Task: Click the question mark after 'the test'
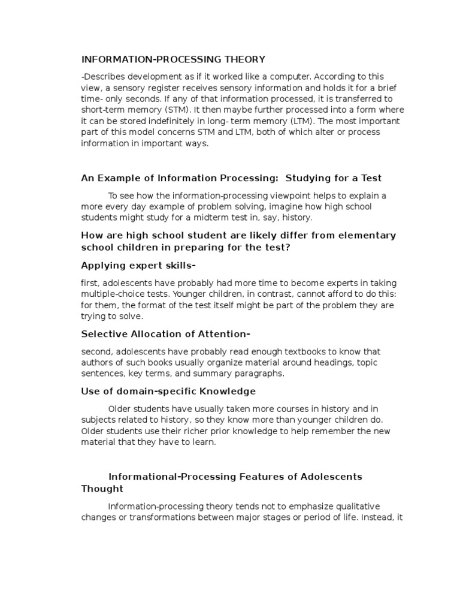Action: (x=289, y=246)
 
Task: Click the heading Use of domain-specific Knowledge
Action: (x=168, y=391)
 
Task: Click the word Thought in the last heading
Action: (x=102, y=488)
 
